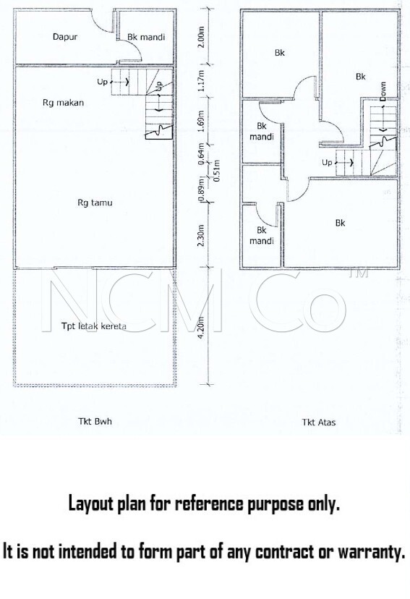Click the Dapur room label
pos(65,37)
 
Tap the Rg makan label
pos(63,103)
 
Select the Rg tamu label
pos(95,203)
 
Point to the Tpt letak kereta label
pos(94,326)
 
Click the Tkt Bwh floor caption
pos(95,421)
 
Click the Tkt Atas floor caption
pos(319,422)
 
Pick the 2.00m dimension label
pos(202,37)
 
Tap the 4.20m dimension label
pos(202,326)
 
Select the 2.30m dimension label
pos(202,235)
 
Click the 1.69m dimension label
pos(202,119)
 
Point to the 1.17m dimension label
pos(202,80)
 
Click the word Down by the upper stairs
pos(383,92)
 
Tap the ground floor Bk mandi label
pos(146,37)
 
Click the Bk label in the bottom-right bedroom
pos(340,223)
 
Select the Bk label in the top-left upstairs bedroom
pos(280,53)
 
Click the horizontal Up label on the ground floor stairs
pos(102,82)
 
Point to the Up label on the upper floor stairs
pos(327,162)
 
